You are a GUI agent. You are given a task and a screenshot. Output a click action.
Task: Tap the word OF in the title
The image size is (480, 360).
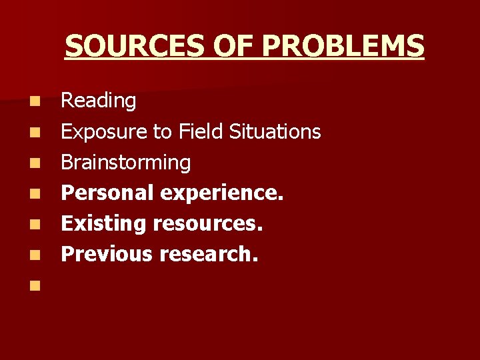[x=233, y=46]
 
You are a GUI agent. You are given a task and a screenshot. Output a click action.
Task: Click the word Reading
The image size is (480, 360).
[x=99, y=101]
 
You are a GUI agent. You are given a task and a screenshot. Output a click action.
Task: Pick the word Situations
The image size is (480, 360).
[x=275, y=131]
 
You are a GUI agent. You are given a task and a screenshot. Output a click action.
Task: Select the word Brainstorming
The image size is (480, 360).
[x=126, y=163]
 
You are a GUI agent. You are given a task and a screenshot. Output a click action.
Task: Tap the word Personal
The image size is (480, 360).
[x=107, y=193]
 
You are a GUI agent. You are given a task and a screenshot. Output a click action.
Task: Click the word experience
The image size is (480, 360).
[x=223, y=193]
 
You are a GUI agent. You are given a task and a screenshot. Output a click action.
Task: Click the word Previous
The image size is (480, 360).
[x=107, y=254]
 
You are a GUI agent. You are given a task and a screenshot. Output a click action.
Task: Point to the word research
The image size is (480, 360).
[x=217, y=254]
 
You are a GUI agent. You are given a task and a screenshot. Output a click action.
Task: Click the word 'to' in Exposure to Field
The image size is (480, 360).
[x=163, y=132]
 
